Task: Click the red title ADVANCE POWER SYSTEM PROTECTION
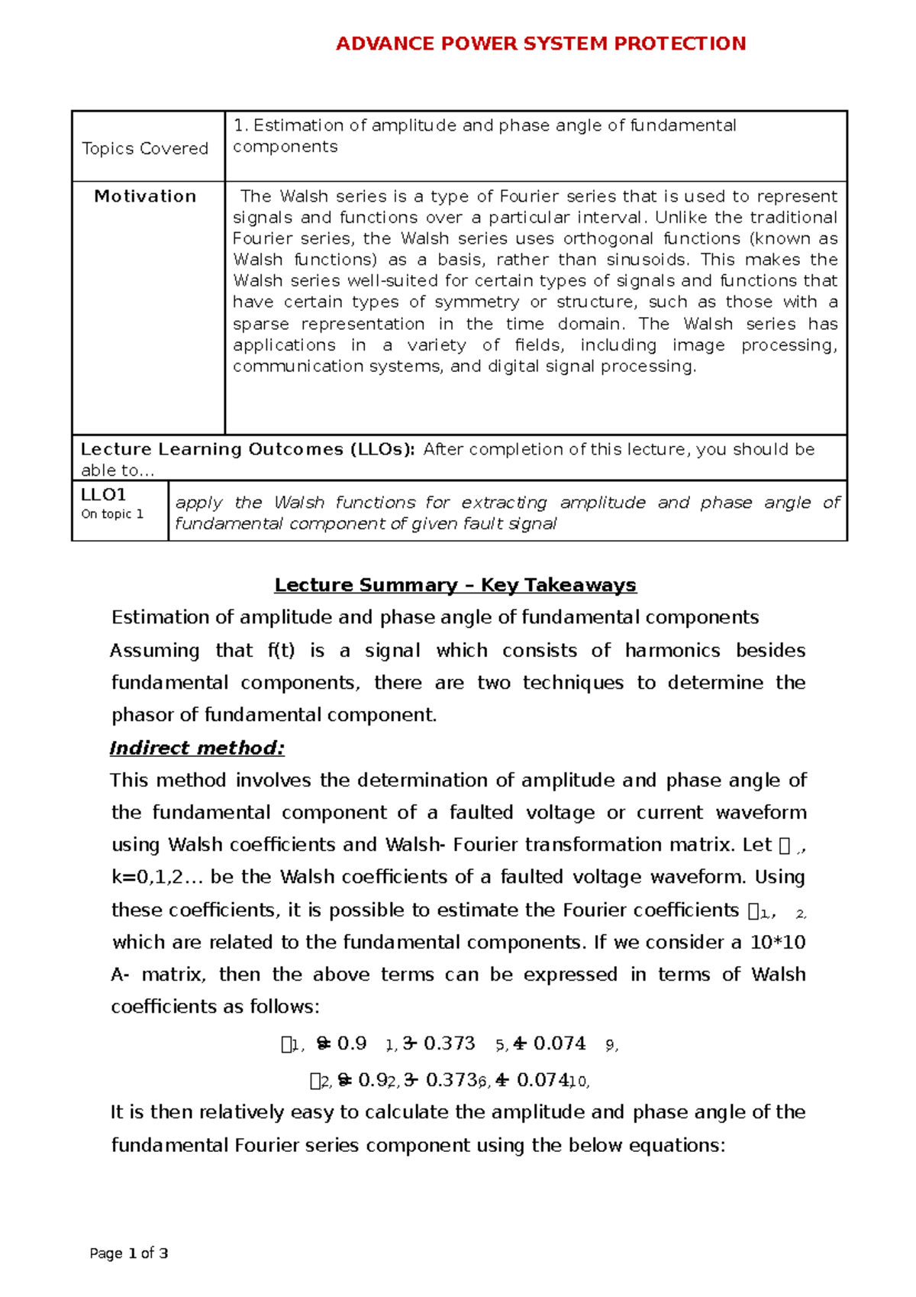click(x=540, y=44)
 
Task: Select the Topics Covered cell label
click(x=145, y=148)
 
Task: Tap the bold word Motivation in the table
click(x=145, y=196)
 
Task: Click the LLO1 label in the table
click(x=103, y=494)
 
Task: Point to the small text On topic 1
click(x=112, y=514)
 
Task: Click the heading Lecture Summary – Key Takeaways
click(x=455, y=585)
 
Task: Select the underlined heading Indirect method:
click(x=197, y=748)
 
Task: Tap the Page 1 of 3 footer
click(x=128, y=1253)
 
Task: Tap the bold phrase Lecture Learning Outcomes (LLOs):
click(x=248, y=449)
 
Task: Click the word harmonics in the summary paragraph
click(x=672, y=651)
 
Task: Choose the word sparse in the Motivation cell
click(x=260, y=324)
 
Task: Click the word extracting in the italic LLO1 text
click(x=504, y=503)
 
